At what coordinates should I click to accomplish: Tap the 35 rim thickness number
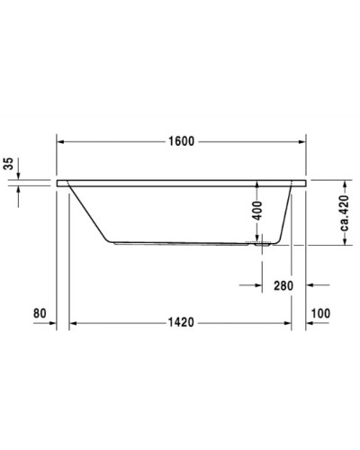[10, 163]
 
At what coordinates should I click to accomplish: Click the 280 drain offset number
[284, 286]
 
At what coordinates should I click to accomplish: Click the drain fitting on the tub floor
[262, 241]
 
